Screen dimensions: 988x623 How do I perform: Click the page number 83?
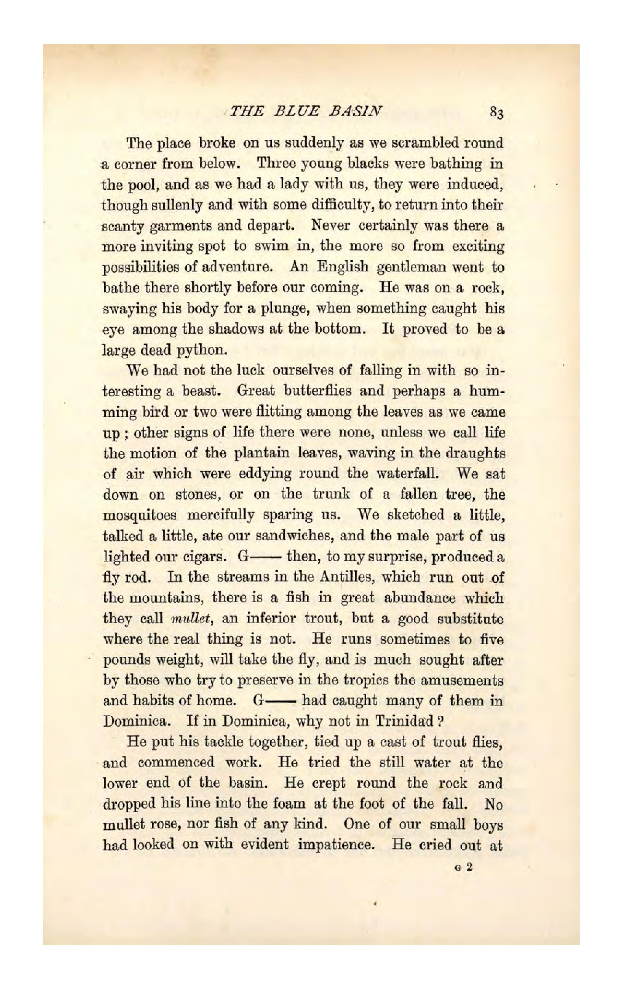pos(496,113)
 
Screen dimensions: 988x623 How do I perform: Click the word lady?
pos(293,185)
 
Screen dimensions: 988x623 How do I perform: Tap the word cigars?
pos(204,557)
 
